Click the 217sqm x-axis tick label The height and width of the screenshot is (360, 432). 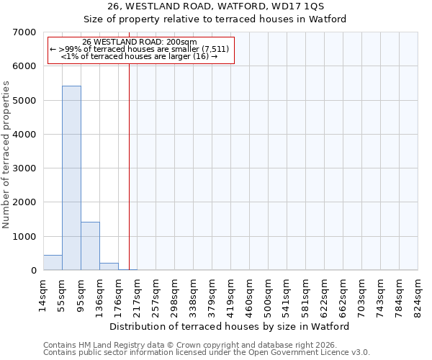137,293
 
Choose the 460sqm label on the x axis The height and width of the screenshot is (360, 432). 249,293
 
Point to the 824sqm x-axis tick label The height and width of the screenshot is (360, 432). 418,293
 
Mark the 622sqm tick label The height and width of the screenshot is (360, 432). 324,293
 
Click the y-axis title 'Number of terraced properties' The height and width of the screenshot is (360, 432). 6,155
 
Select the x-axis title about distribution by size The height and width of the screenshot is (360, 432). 230,326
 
